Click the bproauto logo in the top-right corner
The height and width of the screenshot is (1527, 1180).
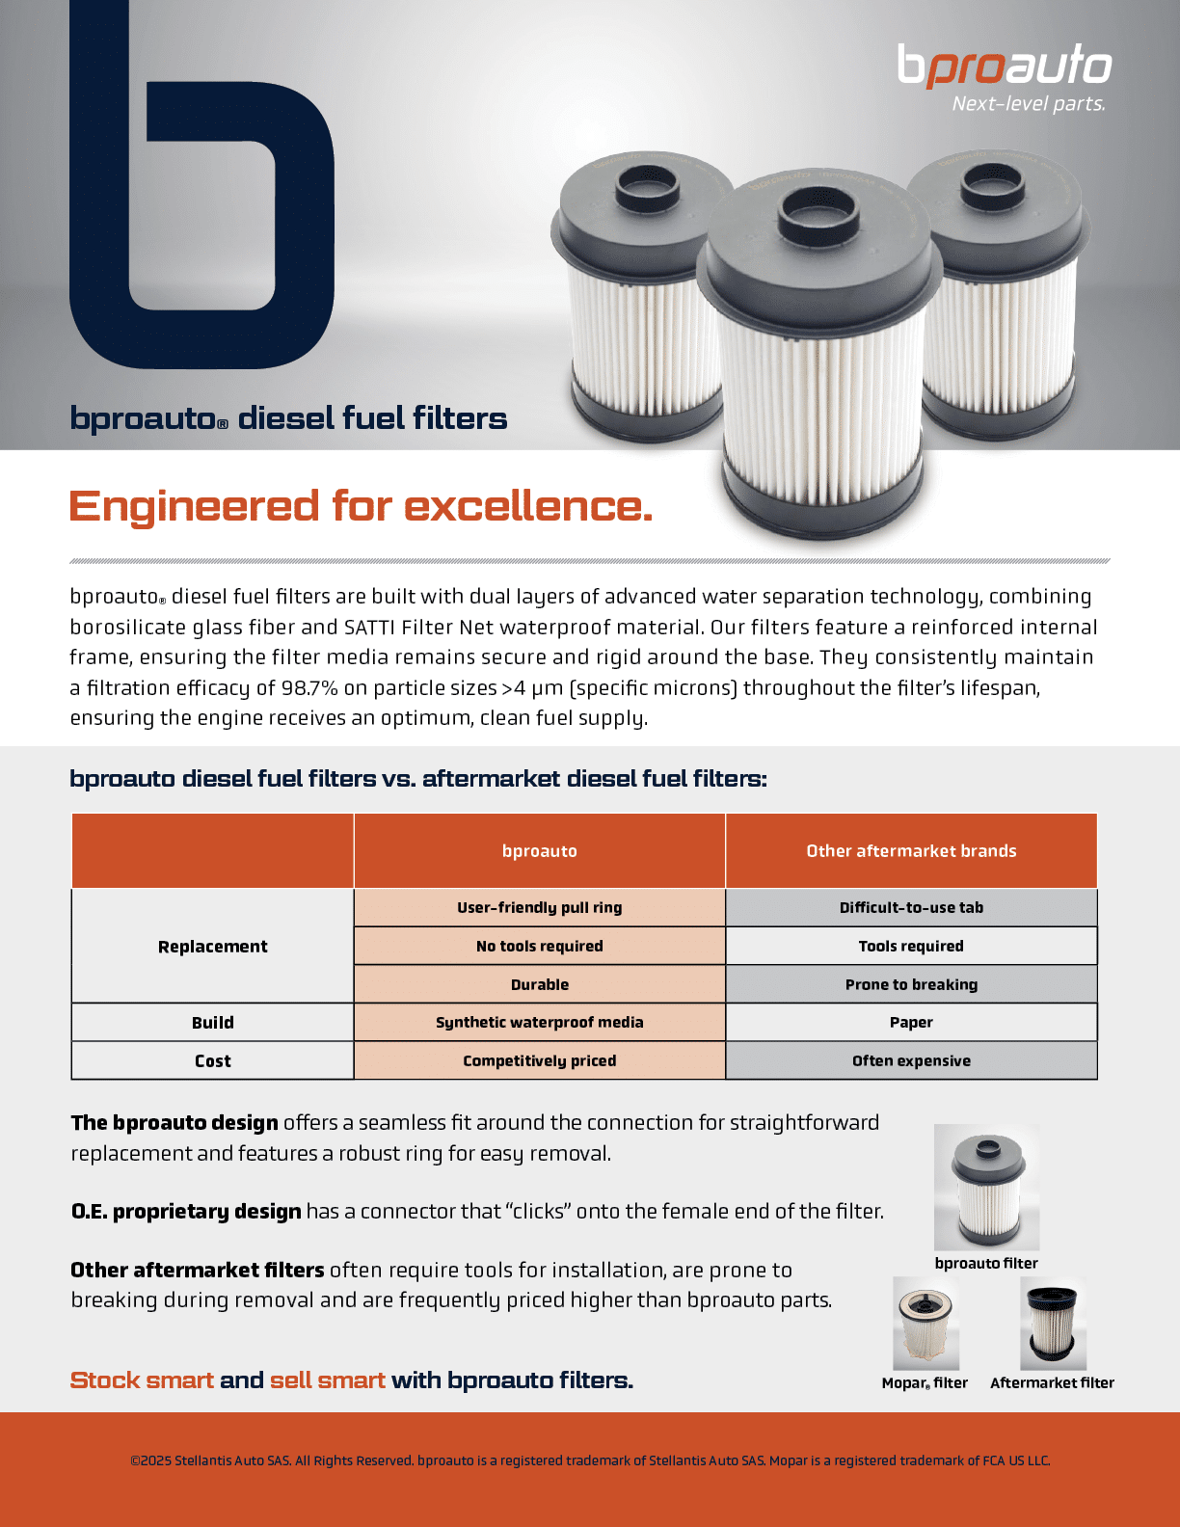pyautogui.click(x=1005, y=66)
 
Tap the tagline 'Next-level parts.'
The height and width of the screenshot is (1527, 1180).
pyautogui.click(x=1028, y=103)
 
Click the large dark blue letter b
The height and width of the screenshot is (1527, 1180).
pyautogui.click(x=201, y=193)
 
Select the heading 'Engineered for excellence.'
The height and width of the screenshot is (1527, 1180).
pyautogui.click(x=361, y=506)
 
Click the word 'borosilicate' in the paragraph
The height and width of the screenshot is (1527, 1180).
pyautogui.click(x=127, y=627)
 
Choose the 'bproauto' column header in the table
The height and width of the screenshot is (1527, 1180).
pyautogui.click(x=539, y=850)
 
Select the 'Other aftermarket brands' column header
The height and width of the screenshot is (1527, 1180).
pyautogui.click(x=911, y=850)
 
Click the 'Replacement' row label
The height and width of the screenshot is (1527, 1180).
pyautogui.click(x=212, y=946)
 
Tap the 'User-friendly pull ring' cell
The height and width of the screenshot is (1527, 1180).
pyautogui.click(x=539, y=907)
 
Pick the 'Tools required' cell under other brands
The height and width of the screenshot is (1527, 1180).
pyautogui.click(x=911, y=946)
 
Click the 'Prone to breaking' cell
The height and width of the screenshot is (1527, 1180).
pyautogui.click(x=911, y=984)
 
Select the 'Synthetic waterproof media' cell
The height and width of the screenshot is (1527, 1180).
pyautogui.click(x=539, y=1022)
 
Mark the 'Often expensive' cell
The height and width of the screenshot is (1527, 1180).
pyautogui.click(x=911, y=1060)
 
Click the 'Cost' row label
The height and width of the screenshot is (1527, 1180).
pyautogui.click(x=212, y=1060)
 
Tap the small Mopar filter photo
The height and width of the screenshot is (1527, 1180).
pyautogui.click(x=925, y=1323)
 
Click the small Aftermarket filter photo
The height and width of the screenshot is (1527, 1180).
pyautogui.click(x=1053, y=1323)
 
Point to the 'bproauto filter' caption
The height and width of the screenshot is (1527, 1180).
pyautogui.click(x=986, y=1263)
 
